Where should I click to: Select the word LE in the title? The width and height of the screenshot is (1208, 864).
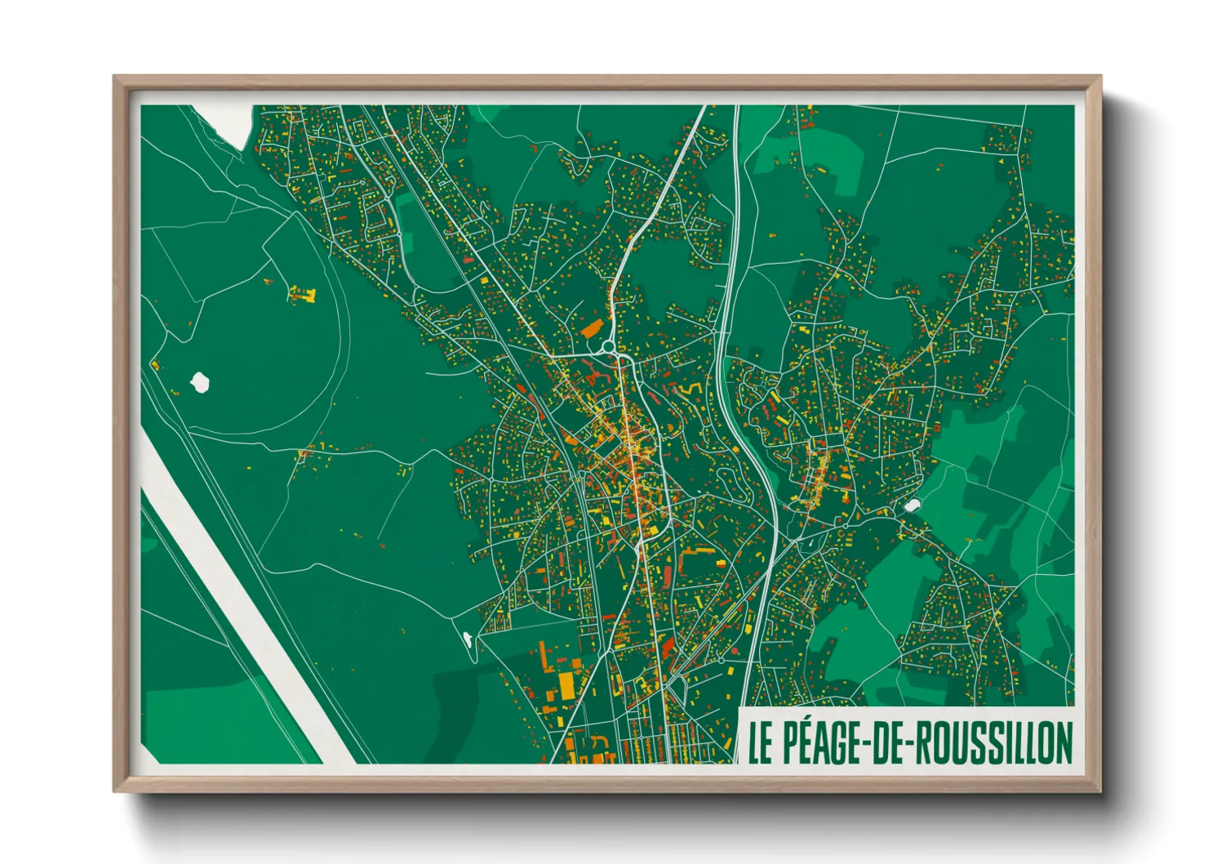pyautogui.click(x=760, y=742)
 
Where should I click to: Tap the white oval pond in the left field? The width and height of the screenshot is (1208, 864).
pyautogui.click(x=199, y=381)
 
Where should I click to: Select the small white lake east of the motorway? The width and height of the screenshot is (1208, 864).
pyautogui.click(x=912, y=506)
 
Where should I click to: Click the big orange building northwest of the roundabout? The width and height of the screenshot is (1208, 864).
pyautogui.click(x=590, y=329)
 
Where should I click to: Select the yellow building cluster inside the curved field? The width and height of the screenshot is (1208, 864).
pyautogui.click(x=302, y=294)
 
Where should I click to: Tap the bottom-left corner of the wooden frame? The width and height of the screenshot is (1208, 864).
pyautogui.click(x=115, y=791)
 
